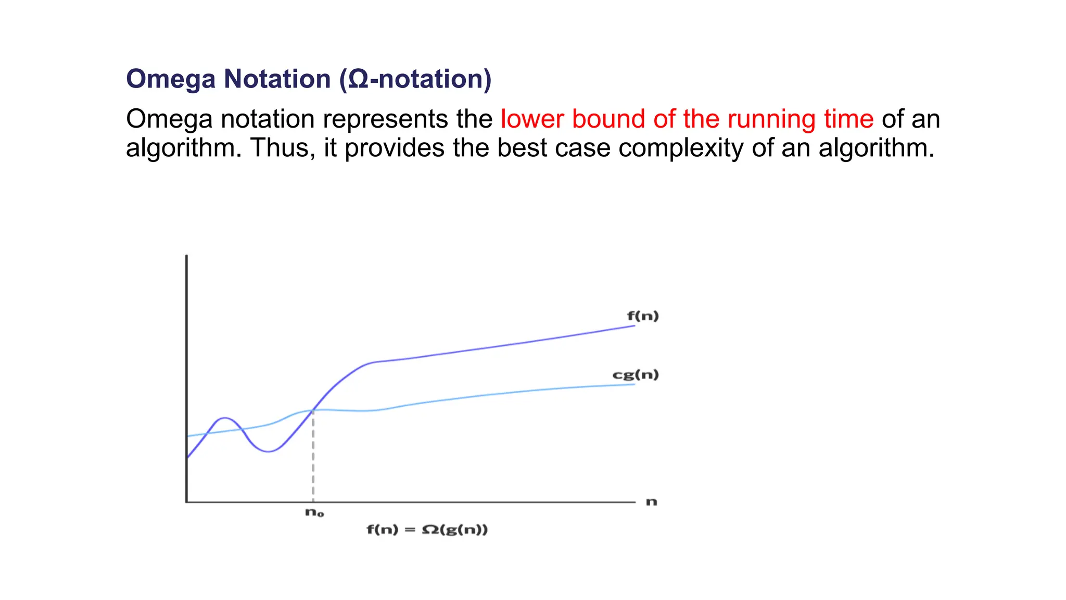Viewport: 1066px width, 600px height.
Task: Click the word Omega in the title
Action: pos(171,80)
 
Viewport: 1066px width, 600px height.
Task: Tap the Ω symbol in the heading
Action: pos(358,80)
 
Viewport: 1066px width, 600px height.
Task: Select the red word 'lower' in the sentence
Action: pos(532,119)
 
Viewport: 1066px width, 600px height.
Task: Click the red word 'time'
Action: pos(848,119)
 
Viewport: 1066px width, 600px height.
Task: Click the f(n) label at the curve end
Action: pos(643,316)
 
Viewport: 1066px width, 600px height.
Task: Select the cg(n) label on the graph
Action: pos(636,375)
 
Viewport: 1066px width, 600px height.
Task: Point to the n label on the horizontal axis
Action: pos(652,502)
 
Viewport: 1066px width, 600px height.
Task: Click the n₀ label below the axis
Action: pos(314,513)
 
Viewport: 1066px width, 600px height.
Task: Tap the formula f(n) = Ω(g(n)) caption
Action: pos(427,530)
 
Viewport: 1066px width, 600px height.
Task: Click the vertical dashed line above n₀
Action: pos(313,458)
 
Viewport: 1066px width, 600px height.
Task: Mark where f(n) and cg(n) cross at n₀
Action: pos(313,410)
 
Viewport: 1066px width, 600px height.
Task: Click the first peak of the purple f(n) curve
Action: pos(224,418)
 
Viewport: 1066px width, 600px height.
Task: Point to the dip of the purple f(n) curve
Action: pos(268,452)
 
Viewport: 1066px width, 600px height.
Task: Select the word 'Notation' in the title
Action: pos(277,80)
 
